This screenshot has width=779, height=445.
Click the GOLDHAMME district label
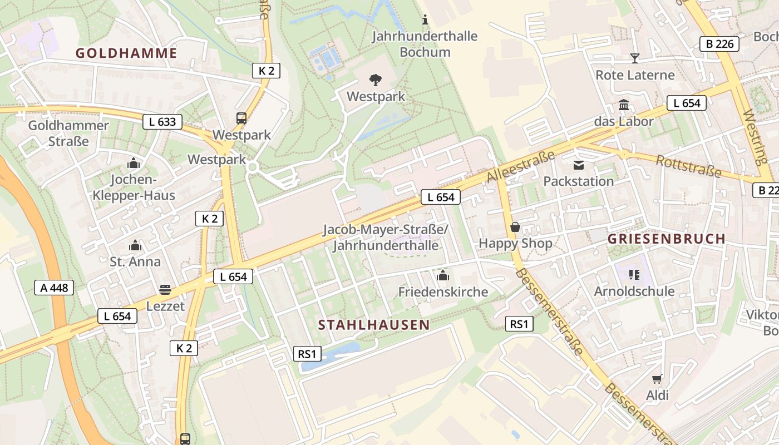126,53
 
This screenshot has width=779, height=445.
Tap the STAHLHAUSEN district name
374,325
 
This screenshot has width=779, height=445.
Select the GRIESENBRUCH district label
666,239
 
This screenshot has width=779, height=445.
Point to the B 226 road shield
719,44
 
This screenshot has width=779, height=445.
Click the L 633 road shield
162,122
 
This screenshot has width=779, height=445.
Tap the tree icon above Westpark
376,80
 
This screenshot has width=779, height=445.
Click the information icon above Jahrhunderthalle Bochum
425,20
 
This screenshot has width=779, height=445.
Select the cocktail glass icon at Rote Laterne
634,58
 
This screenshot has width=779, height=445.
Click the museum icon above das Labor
624,105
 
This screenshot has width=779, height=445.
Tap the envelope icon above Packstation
579,165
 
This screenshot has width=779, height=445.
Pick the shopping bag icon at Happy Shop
515,228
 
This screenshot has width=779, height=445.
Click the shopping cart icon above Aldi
657,379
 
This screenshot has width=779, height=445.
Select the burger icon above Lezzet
165,289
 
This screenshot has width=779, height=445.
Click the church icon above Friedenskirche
443,275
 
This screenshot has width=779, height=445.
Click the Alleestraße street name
521,166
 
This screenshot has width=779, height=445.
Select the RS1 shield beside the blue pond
307,354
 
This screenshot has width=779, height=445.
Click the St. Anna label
135,261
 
